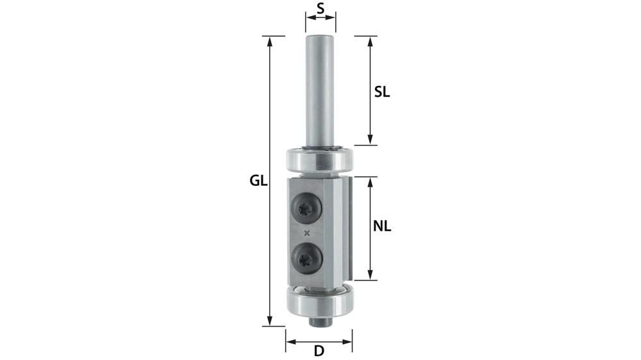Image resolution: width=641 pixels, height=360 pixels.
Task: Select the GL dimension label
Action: pyautogui.click(x=258, y=181)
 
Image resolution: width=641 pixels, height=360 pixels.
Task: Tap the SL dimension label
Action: pyautogui.click(x=382, y=92)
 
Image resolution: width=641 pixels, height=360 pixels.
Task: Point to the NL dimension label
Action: pyautogui.click(x=382, y=226)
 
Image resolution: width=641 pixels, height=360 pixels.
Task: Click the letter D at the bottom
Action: pyautogui.click(x=319, y=351)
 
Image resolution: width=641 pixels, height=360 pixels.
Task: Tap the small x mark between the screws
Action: pyautogui.click(x=308, y=232)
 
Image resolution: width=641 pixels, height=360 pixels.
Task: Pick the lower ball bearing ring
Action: pyautogui.click(x=319, y=303)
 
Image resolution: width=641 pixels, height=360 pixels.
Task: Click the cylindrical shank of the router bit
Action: pyautogui.click(x=320, y=90)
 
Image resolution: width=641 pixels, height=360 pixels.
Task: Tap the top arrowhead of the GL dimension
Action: pyautogui.click(x=271, y=40)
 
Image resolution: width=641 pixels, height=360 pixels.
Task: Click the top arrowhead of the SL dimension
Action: pyautogui.click(x=370, y=40)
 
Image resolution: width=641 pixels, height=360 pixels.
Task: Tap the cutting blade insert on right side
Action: pyautogui.click(x=347, y=229)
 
